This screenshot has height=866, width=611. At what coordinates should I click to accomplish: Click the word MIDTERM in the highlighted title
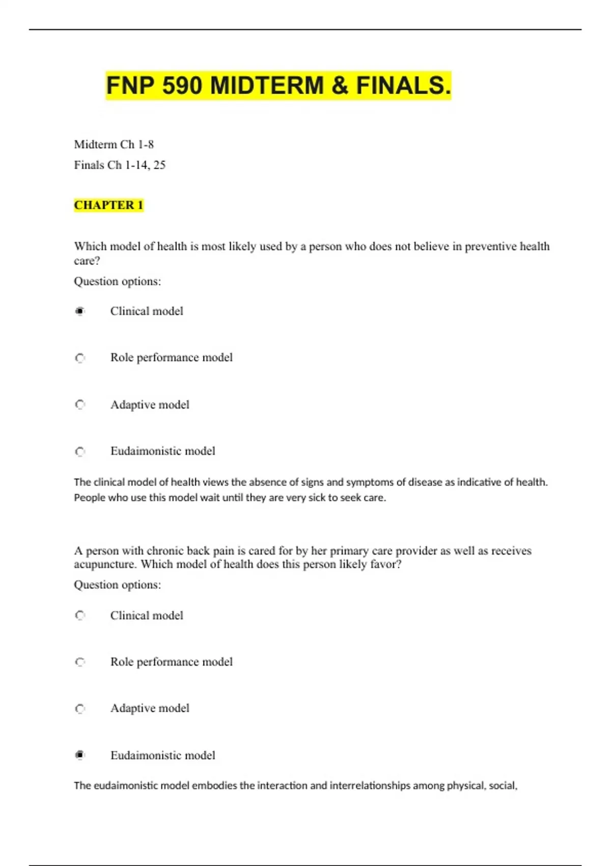tap(267, 85)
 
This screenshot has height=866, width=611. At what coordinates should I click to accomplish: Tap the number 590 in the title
tap(182, 85)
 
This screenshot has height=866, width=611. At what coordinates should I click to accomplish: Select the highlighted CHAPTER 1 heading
tap(108, 205)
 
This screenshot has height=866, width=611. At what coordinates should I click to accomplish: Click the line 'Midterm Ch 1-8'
tap(114, 145)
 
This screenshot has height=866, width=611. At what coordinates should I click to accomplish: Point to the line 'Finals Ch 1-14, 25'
tap(120, 165)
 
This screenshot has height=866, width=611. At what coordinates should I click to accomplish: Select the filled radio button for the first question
tap(80, 311)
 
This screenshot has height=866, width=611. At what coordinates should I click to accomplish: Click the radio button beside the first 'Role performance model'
tap(80, 358)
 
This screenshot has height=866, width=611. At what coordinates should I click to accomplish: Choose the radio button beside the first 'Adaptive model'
tap(80, 405)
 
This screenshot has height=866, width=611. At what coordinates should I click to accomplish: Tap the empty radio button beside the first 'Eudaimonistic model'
tap(80, 451)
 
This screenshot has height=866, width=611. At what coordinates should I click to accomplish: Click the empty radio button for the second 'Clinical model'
tap(80, 615)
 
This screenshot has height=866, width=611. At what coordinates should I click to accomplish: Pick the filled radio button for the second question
tap(80, 755)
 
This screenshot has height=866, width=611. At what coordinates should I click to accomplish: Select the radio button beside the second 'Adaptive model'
tap(80, 709)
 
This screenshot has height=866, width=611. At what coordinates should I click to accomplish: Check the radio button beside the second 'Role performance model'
tap(80, 662)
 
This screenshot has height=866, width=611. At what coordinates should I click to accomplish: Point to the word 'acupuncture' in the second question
tap(104, 564)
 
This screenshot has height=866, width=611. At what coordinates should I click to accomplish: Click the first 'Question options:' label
tap(118, 281)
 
